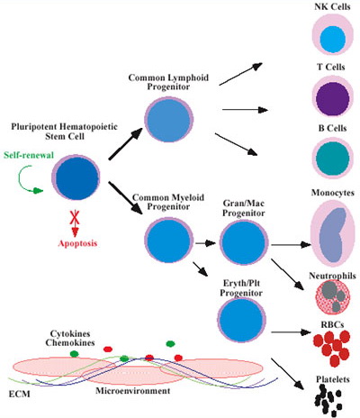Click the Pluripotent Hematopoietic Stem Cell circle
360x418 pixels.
tap(76, 171)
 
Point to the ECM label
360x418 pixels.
tap(16, 392)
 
